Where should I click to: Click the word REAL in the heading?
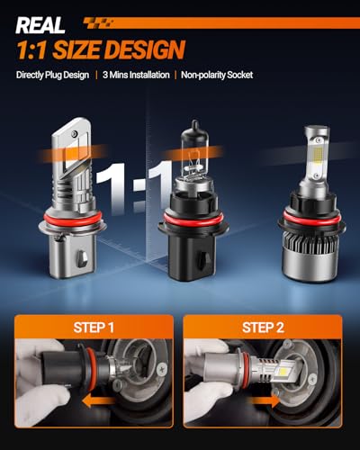[x=40, y=25]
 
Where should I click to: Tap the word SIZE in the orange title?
[x=78, y=49]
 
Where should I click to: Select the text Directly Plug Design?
[x=52, y=75]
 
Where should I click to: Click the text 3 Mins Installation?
[x=136, y=75]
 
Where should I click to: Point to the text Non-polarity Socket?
[x=217, y=75]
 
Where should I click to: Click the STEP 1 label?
[x=94, y=328]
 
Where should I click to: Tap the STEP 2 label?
[x=263, y=328]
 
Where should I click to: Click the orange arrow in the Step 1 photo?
[x=98, y=400]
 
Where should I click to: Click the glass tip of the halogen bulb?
[x=195, y=123]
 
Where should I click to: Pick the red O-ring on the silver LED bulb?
[x=72, y=219]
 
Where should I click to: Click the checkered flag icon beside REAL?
[x=98, y=23]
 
